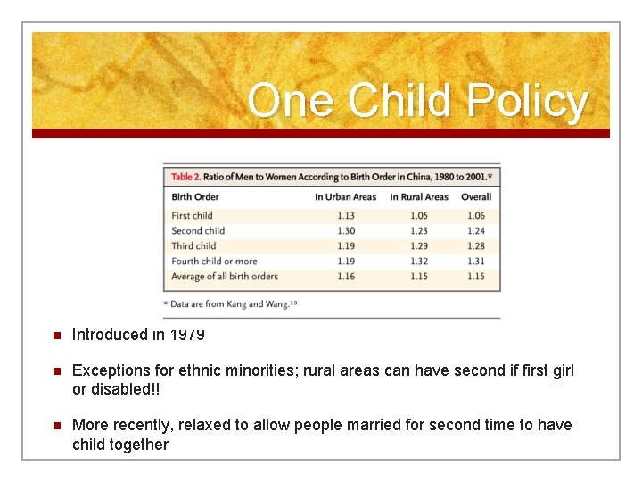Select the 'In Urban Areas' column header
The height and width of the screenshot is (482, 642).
[345, 196]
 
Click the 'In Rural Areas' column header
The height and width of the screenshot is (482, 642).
[419, 196]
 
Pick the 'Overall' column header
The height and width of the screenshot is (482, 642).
[476, 196]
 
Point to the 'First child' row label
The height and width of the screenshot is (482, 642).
[192, 215]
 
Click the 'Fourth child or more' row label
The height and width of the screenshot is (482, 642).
[214, 262]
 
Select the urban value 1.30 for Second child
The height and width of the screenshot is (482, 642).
[345, 230]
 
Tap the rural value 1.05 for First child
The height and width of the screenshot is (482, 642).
[419, 215]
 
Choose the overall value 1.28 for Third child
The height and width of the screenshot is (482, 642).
[476, 245]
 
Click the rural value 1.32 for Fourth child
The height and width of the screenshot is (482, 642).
[419, 262]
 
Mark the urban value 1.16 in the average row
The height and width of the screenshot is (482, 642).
[345, 277]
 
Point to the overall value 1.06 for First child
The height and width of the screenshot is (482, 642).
[476, 215]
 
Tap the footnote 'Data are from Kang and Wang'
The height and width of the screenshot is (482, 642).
[232, 304]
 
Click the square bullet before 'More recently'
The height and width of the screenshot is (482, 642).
[54, 426]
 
